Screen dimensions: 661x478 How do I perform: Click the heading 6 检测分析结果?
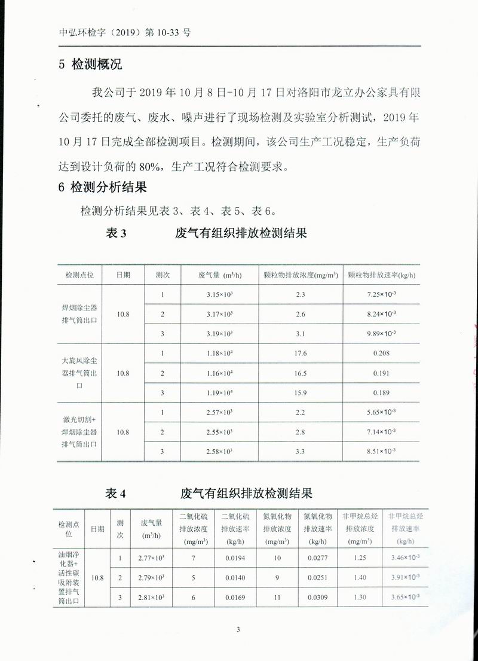102,187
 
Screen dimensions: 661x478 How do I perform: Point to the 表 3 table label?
116,233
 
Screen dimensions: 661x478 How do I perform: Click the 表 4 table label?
116,494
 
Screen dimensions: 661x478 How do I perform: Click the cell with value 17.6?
301,353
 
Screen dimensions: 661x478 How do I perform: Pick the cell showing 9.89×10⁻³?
381,333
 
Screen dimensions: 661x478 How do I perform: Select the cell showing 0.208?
381,353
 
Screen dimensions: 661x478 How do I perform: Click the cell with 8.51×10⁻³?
381,451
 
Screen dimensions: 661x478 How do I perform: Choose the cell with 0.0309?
317,596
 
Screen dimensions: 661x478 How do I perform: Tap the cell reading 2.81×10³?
151,596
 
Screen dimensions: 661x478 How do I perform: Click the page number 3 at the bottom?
238,629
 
